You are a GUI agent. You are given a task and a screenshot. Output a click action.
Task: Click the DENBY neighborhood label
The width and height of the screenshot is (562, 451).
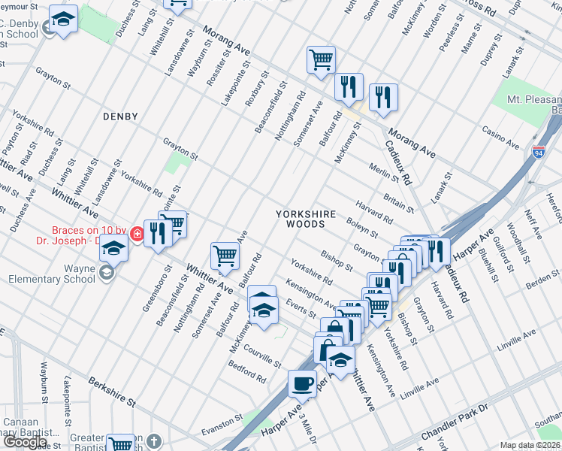[x=120, y=117]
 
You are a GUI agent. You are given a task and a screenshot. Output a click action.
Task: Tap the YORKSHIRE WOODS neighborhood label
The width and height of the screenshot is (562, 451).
[x=304, y=219]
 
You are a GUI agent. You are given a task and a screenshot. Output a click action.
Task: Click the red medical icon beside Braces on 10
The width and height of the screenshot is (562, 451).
[x=137, y=234]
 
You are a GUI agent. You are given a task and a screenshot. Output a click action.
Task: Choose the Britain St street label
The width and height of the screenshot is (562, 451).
[x=398, y=202]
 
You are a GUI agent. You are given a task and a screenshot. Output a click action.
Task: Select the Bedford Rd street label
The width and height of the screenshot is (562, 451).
[x=247, y=375]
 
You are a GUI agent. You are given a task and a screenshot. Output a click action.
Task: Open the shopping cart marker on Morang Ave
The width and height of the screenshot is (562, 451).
[x=321, y=60]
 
